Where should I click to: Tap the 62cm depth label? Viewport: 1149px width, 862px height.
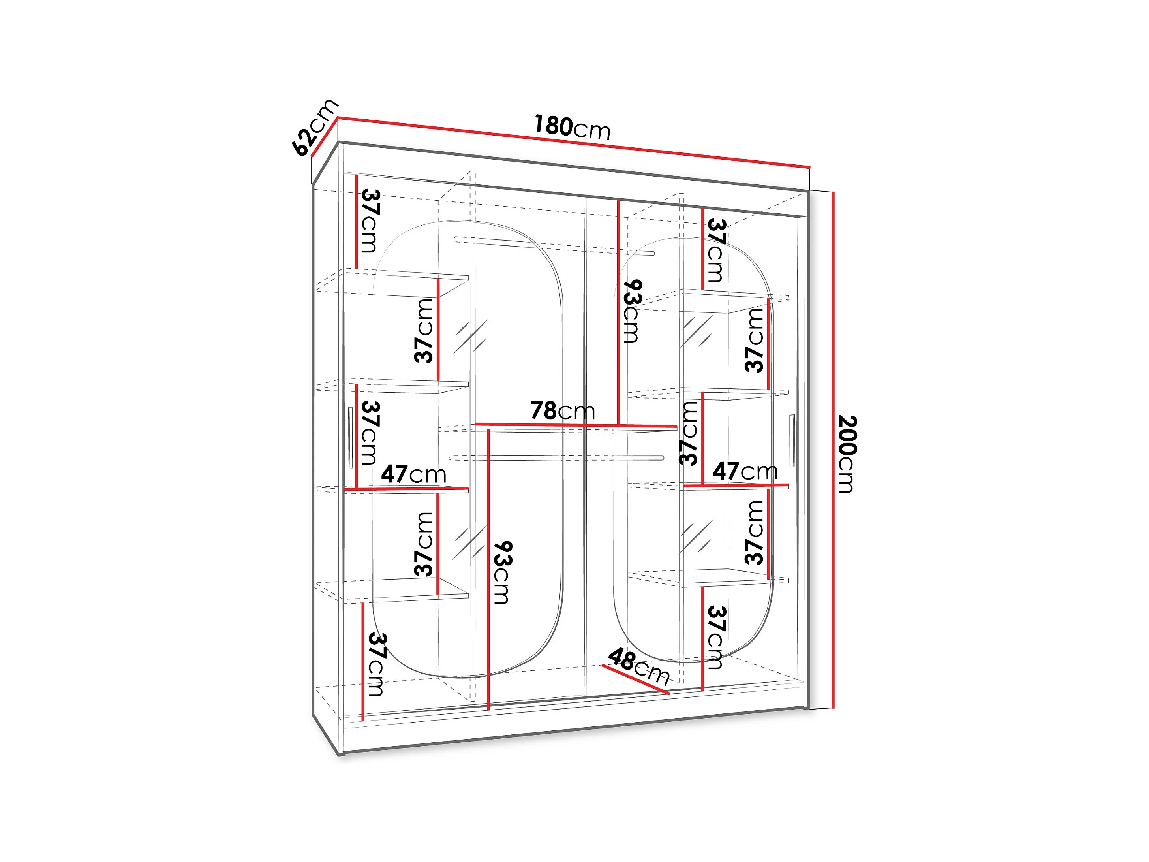pyautogui.click(x=315, y=127)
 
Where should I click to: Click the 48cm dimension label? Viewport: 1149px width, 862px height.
pyautogui.click(x=638, y=666)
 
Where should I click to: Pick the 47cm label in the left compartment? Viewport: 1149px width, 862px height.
pyautogui.click(x=413, y=474)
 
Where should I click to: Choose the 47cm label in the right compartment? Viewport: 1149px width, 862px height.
pyautogui.click(x=744, y=471)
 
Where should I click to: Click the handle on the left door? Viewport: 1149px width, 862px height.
pyautogui.click(x=351, y=437)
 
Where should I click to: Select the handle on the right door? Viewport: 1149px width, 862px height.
pyautogui.click(x=792, y=440)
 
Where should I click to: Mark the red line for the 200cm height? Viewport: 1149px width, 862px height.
pyautogui.click(x=833, y=450)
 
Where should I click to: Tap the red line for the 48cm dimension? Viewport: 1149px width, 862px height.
pyautogui.click(x=636, y=679)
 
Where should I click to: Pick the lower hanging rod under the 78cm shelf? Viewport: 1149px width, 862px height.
pyautogui.click(x=556, y=458)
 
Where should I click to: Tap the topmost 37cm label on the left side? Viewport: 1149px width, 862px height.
pyautogui.click(x=370, y=221)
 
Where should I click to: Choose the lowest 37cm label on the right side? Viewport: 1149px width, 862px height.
pyautogui.click(x=716, y=638)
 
